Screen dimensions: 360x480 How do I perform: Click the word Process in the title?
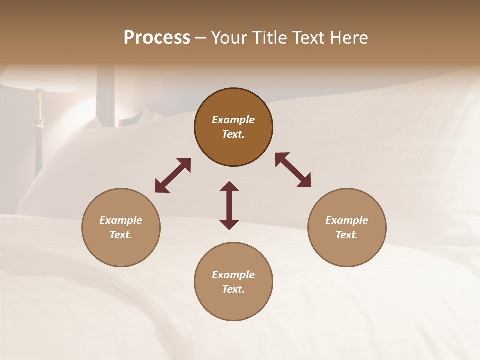pos(157,38)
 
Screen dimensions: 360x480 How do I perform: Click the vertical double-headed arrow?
pos(229,205)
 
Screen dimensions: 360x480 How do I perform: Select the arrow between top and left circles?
pos(173,175)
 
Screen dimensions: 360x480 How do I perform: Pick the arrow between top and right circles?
pos(293,170)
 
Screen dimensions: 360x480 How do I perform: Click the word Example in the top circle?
pos(233,120)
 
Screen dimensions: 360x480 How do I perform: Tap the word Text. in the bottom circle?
pos(233,289)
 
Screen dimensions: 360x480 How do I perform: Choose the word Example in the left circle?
pos(121,220)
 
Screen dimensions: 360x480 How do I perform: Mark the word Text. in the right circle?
pos(347,235)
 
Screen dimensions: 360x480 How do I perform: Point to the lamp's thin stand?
pos(39,135)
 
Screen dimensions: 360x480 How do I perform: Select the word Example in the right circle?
pos(347,220)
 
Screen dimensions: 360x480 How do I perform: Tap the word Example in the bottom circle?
pos(233,275)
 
